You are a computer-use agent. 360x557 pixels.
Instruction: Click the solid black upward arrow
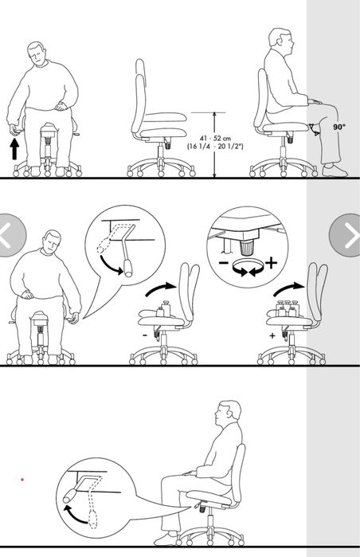pyautogui.click(x=14, y=149)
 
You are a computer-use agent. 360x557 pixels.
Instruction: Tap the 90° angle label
pyautogui.click(x=339, y=127)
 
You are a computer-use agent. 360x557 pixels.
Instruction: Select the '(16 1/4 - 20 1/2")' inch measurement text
pyautogui.click(x=215, y=146)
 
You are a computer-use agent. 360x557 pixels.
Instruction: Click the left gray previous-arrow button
pyautogui.click(x=10, y=235)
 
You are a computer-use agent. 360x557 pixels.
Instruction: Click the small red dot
pyautogui.click(x=22, y=480)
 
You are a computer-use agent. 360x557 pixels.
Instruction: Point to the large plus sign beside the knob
pyautogui.click(x=271, y=263)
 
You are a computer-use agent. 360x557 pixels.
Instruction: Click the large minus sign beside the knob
pyautogui.click(x=223, y=264)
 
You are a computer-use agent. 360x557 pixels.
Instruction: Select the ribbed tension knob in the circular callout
pyautogui.click(x=246, y=247)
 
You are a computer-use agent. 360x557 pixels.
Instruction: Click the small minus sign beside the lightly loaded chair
pyautogui.click(x=144, y=335)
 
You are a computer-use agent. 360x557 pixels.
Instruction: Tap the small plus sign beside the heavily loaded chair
pyautogui.click(x=272, y=335)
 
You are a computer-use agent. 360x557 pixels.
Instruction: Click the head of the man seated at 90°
pyautogui.click(x=281, y=39)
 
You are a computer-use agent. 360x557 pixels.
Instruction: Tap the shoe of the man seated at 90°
pyautogui.click(x=335, y=171)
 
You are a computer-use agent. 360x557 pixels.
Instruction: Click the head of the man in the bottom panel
pyautogui.click(x=228, y=413)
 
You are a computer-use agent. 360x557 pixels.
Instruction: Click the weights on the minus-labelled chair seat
pyautogui.click(x=163, y=308)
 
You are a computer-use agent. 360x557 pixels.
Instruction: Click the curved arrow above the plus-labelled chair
pyautogui.click(x=288, y=289)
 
